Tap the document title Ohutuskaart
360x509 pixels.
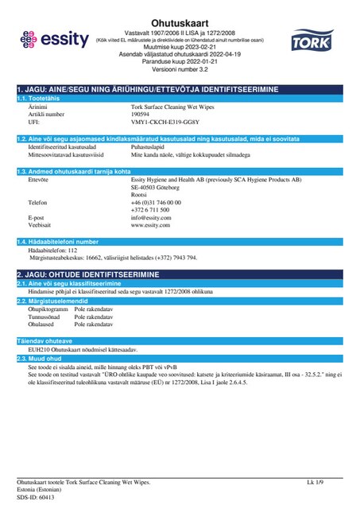pos(180,9)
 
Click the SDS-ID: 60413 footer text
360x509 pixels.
pos(35,497)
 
